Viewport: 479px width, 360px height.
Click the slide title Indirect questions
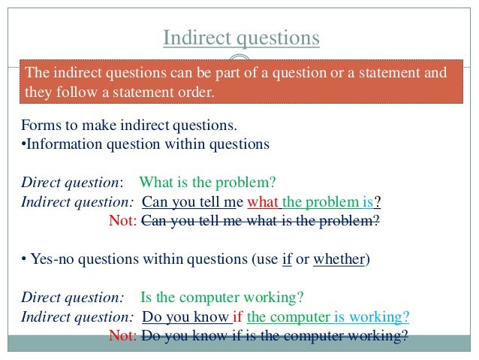(241, 38)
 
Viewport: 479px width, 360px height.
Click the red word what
(263, 202)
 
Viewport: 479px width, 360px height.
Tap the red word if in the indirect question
(238, 316)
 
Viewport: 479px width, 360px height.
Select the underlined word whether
(339, 260)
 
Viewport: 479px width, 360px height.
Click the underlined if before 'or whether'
(287, 260)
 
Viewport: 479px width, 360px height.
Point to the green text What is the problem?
(208, 183)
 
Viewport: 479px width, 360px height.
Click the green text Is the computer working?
(221, 297)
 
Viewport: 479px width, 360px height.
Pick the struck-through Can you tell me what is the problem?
(260, 221)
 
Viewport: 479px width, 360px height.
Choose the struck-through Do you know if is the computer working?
(274, 335)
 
